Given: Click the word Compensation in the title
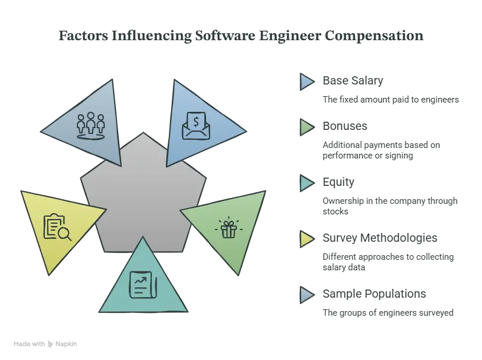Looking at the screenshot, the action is tap(374, 36).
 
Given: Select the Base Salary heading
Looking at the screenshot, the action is tap(353, 80).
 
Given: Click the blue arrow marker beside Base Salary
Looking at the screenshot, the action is tap(307, 82).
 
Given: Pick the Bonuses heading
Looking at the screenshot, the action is tap(345, 126).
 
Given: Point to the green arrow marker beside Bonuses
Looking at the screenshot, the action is tap(307, 127).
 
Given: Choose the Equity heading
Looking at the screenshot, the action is tap(338, 182).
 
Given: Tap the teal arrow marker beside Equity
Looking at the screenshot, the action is tap(307, 183).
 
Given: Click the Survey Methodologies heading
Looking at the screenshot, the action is tap(380, 238).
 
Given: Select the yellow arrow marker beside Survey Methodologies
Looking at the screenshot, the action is tap(307, 239).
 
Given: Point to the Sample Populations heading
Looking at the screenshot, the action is tap(374, 294).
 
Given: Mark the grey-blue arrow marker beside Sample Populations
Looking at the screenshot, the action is tap(307, 295).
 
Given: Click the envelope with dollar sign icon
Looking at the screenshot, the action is tap(196, 126).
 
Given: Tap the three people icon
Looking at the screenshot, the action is tap(91, 126).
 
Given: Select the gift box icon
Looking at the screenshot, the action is tap(229, 228).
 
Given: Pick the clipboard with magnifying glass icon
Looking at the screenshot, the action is tap(57, 227).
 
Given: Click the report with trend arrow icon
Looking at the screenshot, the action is tap(143, 285).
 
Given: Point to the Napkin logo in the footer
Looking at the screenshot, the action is tap(62, 344).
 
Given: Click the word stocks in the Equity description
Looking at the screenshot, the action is tap(335, 211).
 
